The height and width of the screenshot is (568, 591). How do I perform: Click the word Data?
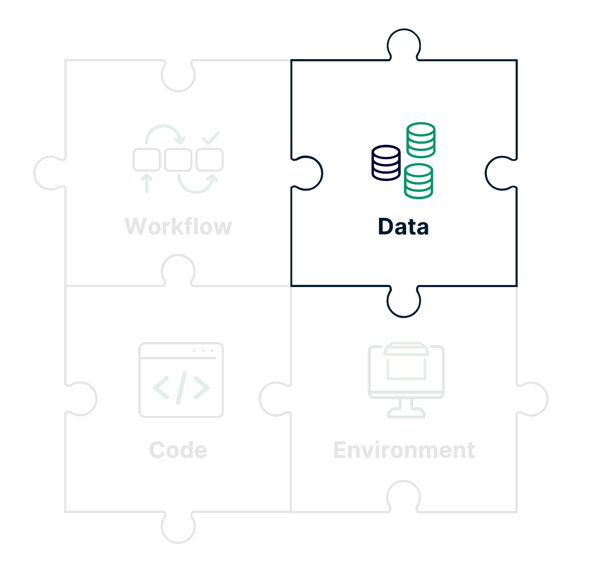coord(403,227)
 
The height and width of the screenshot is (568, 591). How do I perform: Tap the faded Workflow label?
coord(178,226)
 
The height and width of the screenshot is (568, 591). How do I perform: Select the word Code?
coord(178,450)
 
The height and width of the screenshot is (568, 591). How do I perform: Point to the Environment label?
coord(404,450)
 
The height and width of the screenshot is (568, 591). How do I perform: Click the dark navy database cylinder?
coord(386,163)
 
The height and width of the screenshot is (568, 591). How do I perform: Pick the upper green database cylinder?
coord(421,140)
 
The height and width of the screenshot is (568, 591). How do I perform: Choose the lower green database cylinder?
coord(418,181)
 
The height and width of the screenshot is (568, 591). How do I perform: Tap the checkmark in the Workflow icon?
coord(210,137)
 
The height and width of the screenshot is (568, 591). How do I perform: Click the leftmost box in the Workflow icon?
coord(146,160)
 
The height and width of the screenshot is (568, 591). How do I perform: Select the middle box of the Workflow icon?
coord(178,160)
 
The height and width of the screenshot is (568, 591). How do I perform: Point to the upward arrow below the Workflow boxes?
coord(146,183)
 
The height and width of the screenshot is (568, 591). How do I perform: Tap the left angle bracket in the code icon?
coord(161,388)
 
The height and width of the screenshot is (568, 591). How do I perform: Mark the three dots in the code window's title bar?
coord(203,351)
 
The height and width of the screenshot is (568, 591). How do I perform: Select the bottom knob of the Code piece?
coord(178,528)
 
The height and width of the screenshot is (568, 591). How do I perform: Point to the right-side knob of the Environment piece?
coord(533,399)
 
